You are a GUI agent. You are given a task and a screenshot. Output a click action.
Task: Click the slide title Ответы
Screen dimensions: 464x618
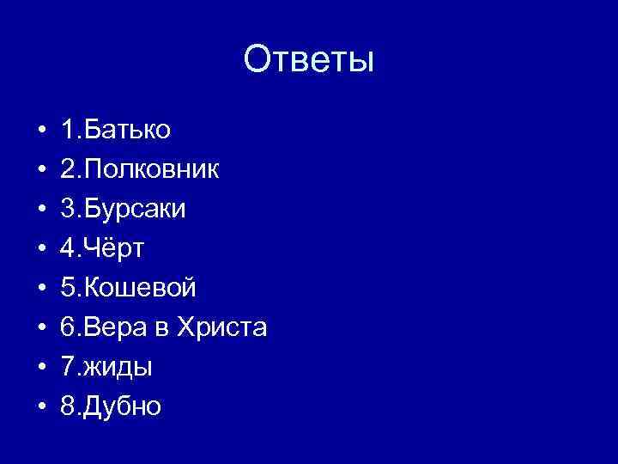click(x=309, y=60)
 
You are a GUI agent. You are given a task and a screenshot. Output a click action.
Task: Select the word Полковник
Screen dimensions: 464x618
click(x=152, y=170)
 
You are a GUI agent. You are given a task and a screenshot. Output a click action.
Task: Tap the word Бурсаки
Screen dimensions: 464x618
click(x=136, y=210)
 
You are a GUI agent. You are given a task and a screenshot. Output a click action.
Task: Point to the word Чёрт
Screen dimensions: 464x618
click(x=124, y=249)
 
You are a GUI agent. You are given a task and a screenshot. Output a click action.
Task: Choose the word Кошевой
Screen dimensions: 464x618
click(x=141, y=289)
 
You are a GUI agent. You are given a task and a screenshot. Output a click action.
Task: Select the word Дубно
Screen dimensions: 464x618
click(x=124, y=406)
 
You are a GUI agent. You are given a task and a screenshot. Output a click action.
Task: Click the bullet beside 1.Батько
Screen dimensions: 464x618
click(x=40, y=131)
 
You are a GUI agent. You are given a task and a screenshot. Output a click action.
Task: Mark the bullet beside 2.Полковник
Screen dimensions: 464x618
click(x=40, y=171)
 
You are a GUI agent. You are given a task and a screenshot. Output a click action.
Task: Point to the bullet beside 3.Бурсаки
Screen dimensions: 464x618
click(x=40, y=211)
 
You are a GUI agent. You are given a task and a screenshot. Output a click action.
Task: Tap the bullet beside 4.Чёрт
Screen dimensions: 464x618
click(x=40, y=250)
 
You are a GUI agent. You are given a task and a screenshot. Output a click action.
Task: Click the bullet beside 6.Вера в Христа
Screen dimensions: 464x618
click(x=40, y=328)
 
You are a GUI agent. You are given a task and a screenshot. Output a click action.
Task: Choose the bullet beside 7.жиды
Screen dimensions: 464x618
click(x=40, y=368)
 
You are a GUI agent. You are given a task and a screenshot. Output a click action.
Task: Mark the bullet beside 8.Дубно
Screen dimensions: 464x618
click(x=40, y=407)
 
